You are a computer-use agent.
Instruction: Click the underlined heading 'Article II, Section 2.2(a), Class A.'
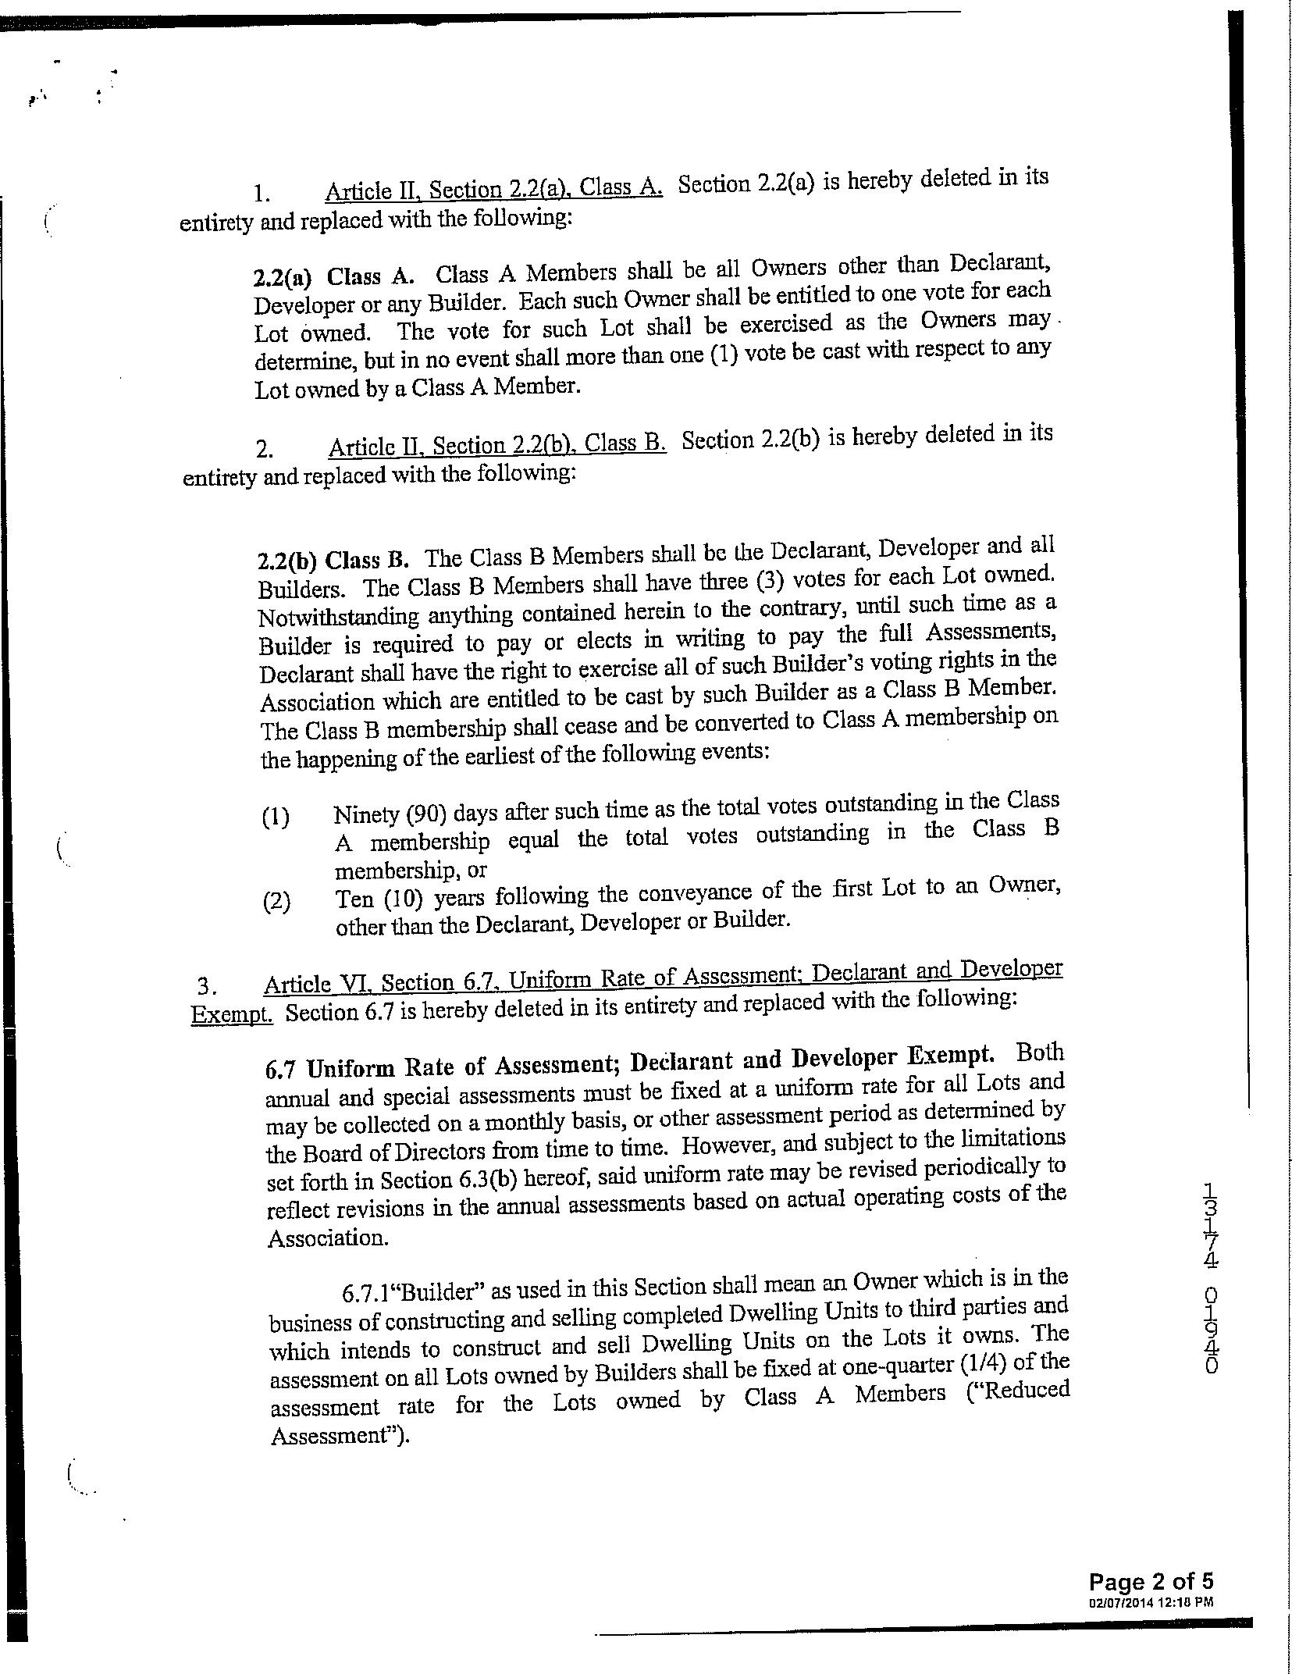coord(493,190)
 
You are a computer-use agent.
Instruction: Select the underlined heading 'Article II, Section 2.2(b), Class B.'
coord(496,445)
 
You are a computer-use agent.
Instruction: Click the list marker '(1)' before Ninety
coord(275,817)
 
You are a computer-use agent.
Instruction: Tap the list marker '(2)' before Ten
coord(276,903)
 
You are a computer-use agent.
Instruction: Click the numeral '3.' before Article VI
coord(206,986)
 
